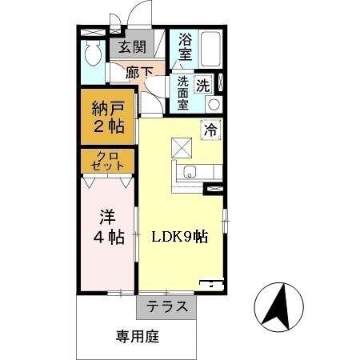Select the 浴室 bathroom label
point(185,46)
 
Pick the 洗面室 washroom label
point(183,92)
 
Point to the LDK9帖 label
point(180,237)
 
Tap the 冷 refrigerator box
point(211,128)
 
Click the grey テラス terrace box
point(167,306)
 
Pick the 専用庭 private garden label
point(136,337)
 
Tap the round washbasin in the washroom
point(214,103)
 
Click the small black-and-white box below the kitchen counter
point(215,189)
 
